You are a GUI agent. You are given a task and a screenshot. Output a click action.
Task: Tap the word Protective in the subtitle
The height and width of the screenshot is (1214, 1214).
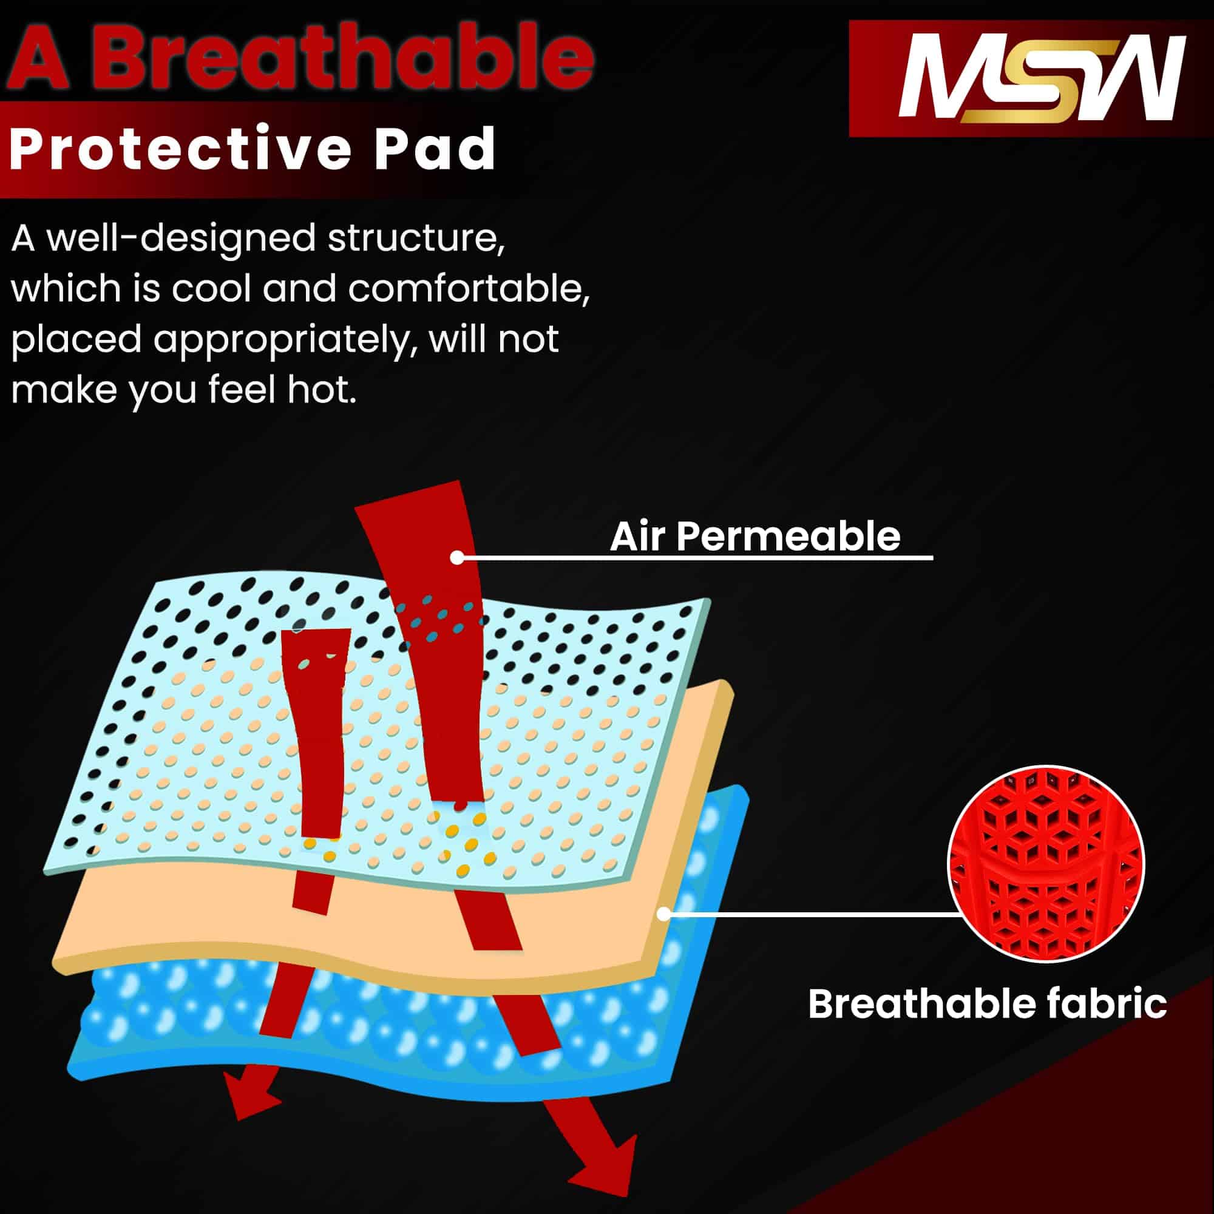click(x=180, y=149)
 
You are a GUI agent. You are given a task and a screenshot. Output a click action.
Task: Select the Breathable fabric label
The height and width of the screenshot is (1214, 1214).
click(x=987, y=1003)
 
